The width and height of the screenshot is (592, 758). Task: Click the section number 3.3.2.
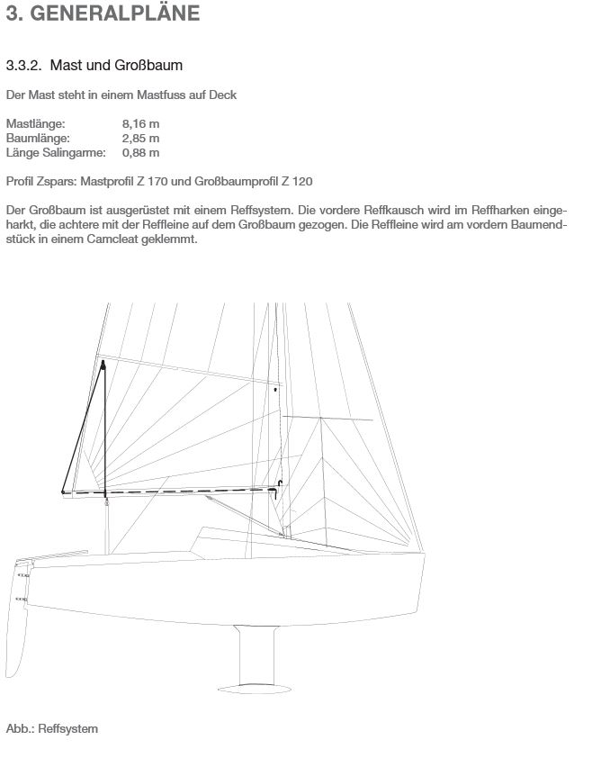[x=24, y=66]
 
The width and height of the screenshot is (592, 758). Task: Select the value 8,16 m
[x=140, y=124]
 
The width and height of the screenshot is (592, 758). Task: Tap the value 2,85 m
[x=140, y=138]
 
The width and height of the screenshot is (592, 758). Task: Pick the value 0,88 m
[x=140, y=151]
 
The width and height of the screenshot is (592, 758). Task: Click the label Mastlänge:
[x=35, y=124]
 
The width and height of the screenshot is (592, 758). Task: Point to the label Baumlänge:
[x=37, y=138]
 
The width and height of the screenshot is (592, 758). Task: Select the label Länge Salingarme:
[x=51, y=151]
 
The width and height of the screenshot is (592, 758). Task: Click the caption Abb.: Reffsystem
[x=51, y=728]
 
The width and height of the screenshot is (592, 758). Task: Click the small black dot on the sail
[x=275, y=390]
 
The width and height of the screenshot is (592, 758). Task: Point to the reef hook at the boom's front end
[x=281, y=486]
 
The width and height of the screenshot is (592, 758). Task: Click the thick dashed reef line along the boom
[x=180, y=492]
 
